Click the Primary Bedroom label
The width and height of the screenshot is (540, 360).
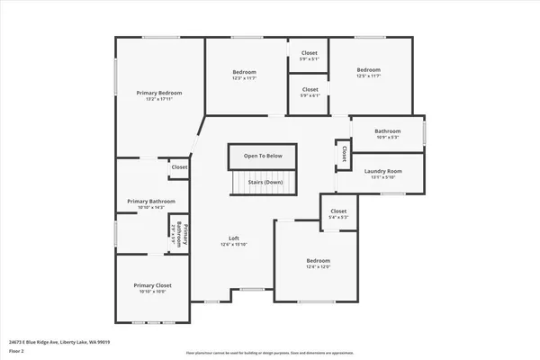pos(159,93)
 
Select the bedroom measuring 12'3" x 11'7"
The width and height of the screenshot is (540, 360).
pos(245,72)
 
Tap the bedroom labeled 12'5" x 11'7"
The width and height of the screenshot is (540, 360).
pos(368,70)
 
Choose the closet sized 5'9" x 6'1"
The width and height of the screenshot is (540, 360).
pos(310,90)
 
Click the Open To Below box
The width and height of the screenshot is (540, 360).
pos(263,156)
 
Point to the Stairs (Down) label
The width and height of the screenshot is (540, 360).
pos(263,183)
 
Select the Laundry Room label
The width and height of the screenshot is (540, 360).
pos(382,171)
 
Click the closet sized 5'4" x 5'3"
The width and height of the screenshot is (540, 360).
pos(338,212)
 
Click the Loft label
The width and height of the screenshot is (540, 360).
pos(233,238)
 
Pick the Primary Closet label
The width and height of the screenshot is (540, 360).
pos(152,285)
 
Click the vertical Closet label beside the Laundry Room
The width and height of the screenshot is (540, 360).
pos(344,154)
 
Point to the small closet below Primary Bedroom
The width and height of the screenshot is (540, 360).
pos(179,167)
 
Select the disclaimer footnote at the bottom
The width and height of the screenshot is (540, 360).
pos(269,353)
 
